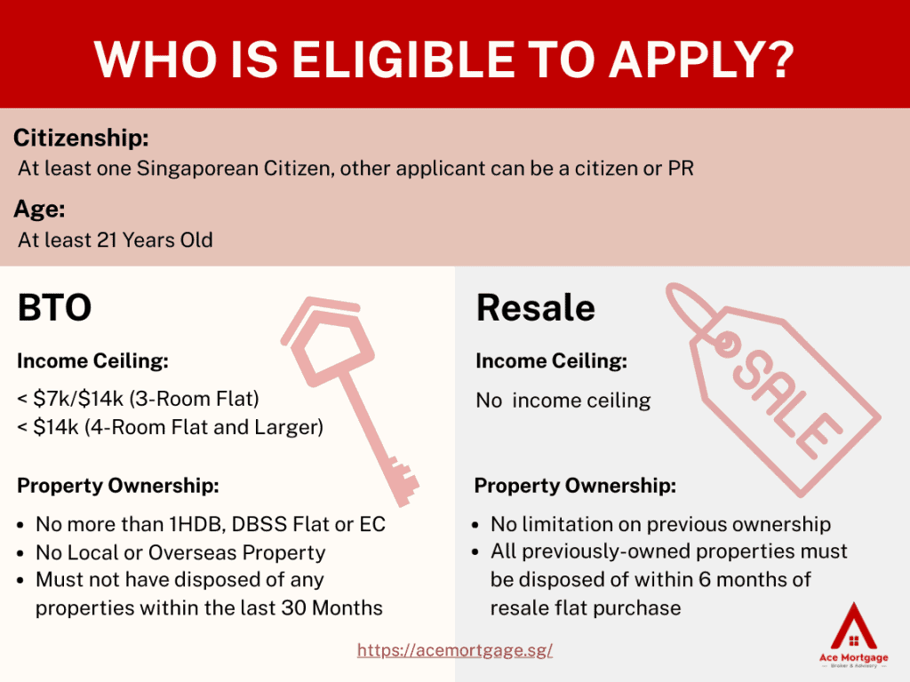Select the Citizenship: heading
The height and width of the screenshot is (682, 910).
[x=81, y=138]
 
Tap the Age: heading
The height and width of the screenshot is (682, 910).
[x=39, y=209]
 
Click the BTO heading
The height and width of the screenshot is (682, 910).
[x=54, y=307]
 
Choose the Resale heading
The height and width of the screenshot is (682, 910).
[x=536, y=307]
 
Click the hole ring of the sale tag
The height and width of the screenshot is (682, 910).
[x=725, y=344]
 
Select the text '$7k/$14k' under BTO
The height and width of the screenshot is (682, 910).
[x=78, y=399]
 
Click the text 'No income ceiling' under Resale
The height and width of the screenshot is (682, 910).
[x=563, y=400]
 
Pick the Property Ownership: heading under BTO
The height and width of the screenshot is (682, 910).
[x=118, y=486]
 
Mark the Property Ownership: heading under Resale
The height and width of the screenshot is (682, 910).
[x=575, y=486]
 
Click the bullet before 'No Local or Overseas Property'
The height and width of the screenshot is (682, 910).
[x=21, y=553]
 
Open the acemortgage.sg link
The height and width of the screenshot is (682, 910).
[x=455, y=650]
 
